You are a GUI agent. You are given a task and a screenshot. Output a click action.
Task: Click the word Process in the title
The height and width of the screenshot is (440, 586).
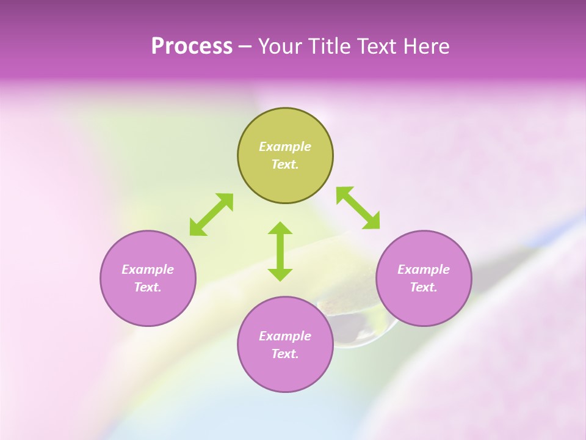click(x=192, y=46)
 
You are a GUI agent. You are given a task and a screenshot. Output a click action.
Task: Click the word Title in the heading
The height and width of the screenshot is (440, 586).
click(x=330, y=46)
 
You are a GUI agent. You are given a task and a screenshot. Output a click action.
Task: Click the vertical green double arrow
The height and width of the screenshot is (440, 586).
click(x=280, y=251)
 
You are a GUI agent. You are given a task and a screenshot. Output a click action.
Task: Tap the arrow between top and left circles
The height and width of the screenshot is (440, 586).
click(x=211, y=215)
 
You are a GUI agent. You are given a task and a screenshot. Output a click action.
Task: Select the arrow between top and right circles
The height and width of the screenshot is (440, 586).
click(x=358, y=208)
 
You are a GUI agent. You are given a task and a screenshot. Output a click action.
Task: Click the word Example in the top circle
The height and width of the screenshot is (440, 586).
click(x=285, y=147)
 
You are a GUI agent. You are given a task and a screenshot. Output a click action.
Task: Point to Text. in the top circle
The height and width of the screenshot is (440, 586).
click(x=285, y=164)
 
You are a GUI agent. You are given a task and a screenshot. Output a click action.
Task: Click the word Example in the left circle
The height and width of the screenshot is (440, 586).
click(x=148, y=269)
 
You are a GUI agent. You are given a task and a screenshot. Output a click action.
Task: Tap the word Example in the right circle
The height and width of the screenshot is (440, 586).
click(x=424, y=269)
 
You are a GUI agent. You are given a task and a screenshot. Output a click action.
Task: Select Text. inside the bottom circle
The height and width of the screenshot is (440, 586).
click(x=285, y=354)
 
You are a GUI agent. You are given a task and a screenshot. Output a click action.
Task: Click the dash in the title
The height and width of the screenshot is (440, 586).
click(x=245, y=46)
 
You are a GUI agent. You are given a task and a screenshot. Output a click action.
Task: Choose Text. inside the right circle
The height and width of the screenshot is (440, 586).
click(x=424, y=287)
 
